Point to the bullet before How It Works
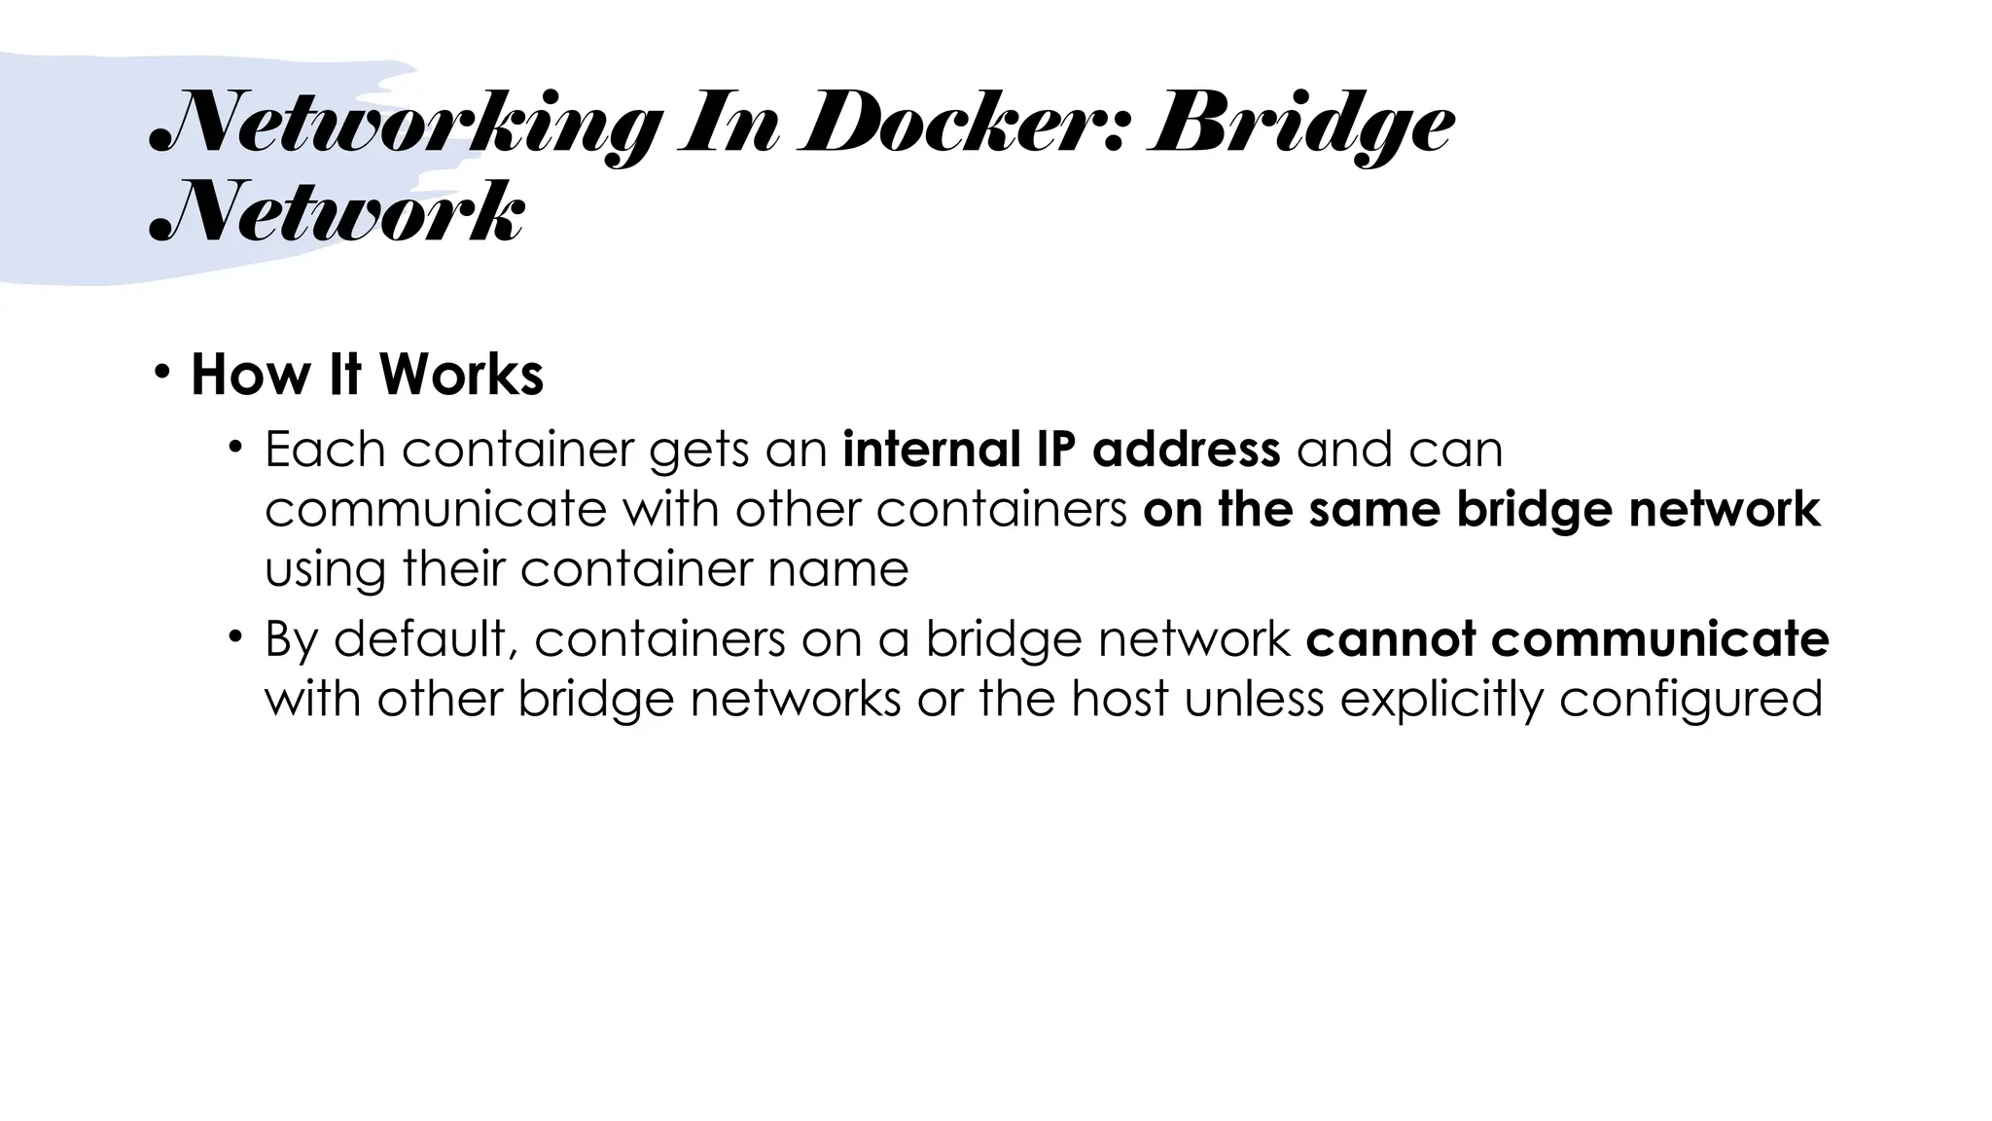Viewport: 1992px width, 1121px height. click(x=161, y=372)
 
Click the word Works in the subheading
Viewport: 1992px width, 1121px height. click(x=461, y=374)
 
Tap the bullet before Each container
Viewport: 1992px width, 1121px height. click(x=234, y=449)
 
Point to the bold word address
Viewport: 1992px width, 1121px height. click(x=1186, y=450)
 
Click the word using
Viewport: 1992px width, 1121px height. click(x=325, y=570)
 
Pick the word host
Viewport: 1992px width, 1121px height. click(x=1120, y=699)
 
